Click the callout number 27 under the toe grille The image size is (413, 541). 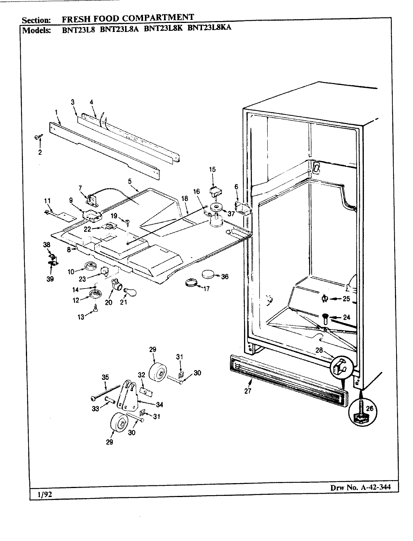pos(247,390)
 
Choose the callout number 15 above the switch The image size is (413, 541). pos(212,169)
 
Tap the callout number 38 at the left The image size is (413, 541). pos(47,245)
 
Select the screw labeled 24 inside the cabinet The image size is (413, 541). pos(325,319)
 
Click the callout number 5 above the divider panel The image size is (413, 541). pos(130,181)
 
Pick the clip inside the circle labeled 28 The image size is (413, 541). pos(340,366)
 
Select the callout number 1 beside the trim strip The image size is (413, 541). pos(56,112)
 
